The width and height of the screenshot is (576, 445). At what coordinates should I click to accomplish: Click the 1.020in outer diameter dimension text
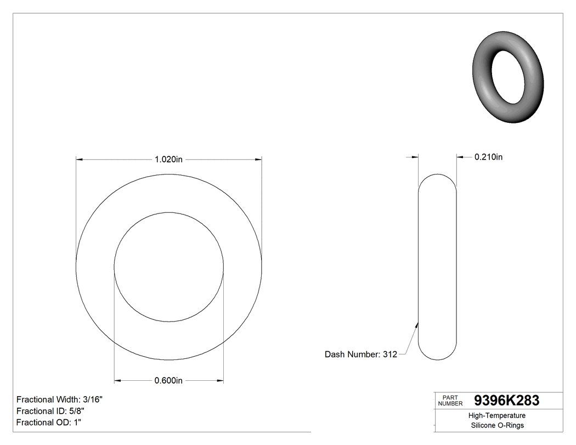coord(168,159)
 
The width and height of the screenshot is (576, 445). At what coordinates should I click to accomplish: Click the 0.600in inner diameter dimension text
coord(168,381)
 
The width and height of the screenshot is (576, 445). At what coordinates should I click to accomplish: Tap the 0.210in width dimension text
coord(488,157)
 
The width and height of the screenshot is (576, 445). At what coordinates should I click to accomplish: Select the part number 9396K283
coord(506,401)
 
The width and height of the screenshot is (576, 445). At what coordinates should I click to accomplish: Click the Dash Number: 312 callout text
coord(360,354)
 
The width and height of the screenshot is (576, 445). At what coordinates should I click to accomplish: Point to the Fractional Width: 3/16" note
coord(59,399)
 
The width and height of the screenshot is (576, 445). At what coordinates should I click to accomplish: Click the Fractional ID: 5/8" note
coord(50,411)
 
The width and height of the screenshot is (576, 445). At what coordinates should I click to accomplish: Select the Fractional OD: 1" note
coord(49,423)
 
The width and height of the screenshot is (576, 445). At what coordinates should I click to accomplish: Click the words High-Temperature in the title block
coord(498,416)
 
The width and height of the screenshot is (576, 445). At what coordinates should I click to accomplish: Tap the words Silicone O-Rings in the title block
coord(498,426)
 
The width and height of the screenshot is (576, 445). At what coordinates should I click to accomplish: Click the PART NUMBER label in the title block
coord(450,401)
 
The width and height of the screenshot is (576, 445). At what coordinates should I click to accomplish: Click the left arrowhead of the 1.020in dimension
coord(79,160)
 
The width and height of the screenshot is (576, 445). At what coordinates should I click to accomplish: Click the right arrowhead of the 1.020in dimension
coord(258,160)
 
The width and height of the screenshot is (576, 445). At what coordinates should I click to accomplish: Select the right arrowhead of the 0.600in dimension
coord(220,381)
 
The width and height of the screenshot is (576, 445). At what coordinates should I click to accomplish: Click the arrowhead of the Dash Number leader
coord(417,325)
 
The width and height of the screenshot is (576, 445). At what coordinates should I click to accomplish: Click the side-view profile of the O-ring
coord(437,267)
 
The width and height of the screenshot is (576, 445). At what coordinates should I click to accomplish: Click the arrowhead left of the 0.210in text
coord(460,157)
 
